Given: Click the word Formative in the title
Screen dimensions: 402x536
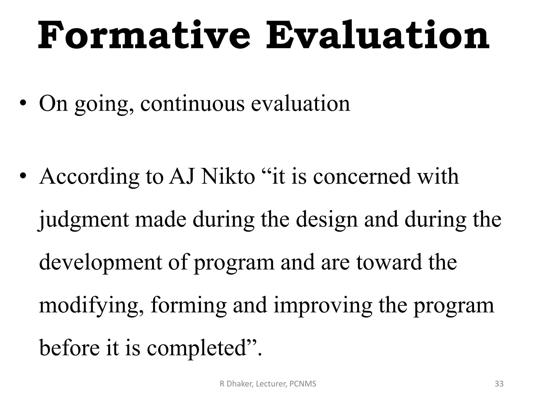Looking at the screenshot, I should point(144,35).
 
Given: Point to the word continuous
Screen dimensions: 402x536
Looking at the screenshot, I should point(192,104).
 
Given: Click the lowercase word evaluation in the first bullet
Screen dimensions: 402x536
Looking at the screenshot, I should point(300,104).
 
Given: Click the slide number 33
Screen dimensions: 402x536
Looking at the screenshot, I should point(499,384).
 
